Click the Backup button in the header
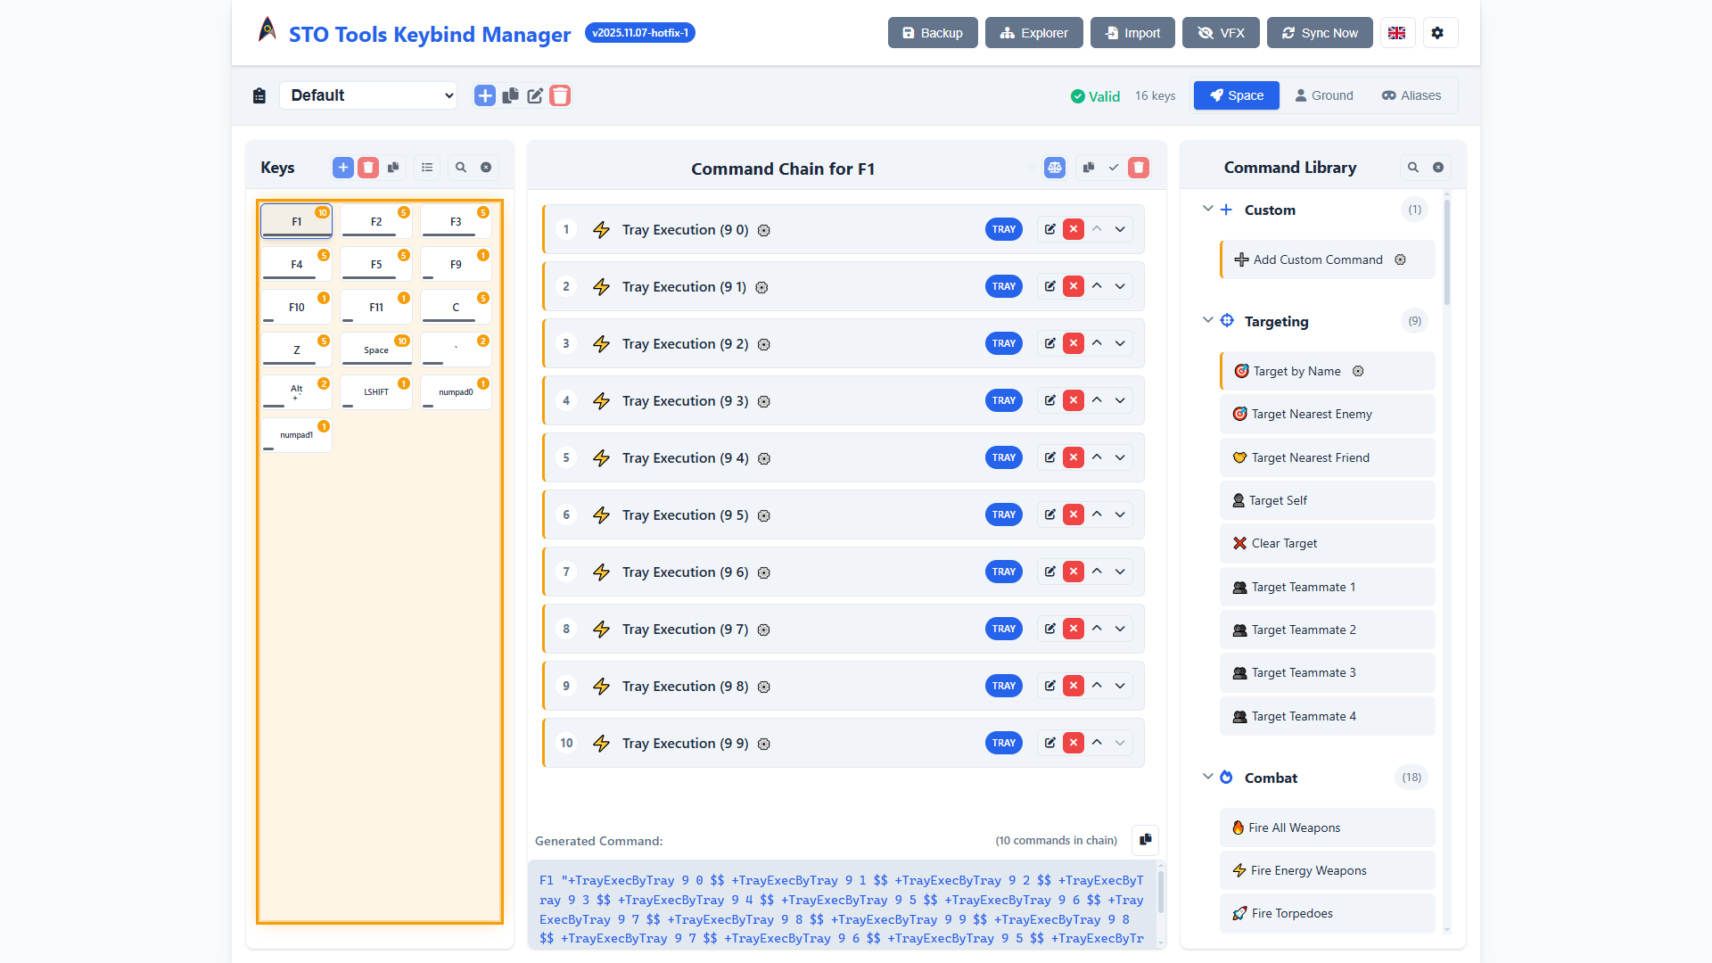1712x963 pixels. click(x=932, y=33)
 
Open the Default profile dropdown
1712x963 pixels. click(x=368, y=95)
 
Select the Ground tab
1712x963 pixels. click(x=1324, y=95)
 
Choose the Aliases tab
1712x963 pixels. click(x=1411, y=95)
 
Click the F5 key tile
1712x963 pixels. click(x=376, y=264)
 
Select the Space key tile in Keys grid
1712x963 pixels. click(x=376, y=350)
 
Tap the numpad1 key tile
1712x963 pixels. click(x=296, y=435)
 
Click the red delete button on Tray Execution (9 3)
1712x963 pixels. click(x=1074, y=400)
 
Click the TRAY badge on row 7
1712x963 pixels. click(x=1003, y=572)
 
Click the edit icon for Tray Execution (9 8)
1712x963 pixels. click(x=1050, y=686)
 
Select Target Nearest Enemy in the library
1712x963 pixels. click(x=1311, y=414)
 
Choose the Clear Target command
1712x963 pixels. click(x=1284, y=543)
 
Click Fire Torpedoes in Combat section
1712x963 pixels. click(x=1291, y=913)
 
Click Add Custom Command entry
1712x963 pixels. click(x=1317, y=259)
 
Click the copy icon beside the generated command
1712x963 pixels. click(x=1145, y=840)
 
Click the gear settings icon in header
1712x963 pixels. click(x=1437, y=33)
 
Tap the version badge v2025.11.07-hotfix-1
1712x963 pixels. click(x=639, y=33)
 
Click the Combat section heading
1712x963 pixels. click(x=1271, y=778)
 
